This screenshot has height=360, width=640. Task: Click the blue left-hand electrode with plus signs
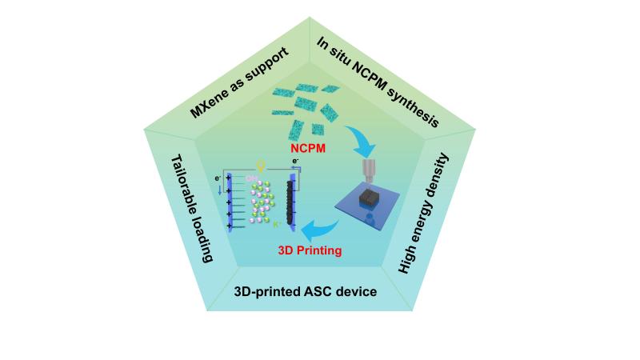tap(229, 205)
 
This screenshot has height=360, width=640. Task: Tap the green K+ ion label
tap(277, 226)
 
